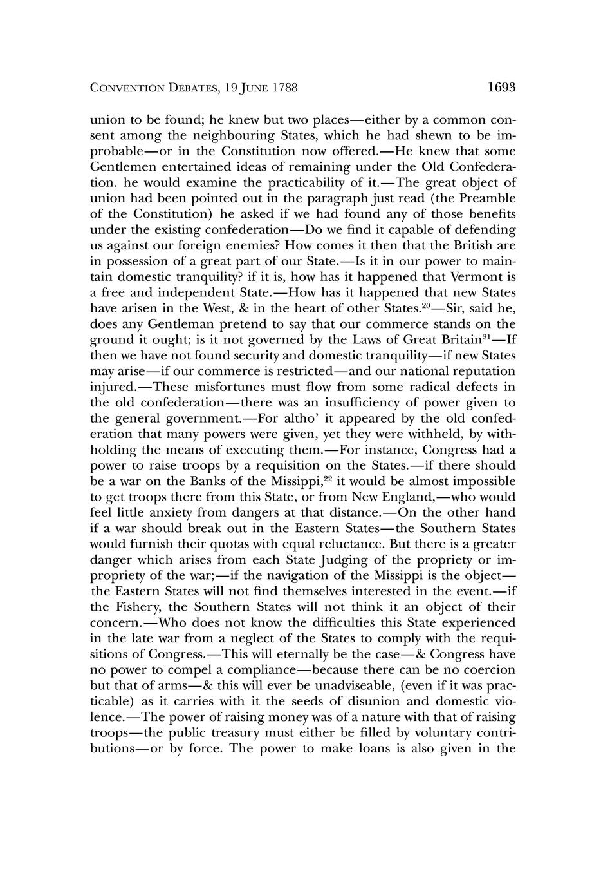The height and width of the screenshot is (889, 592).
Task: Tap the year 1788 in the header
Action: [285, 88]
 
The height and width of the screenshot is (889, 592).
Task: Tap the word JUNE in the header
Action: [251, 88]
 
